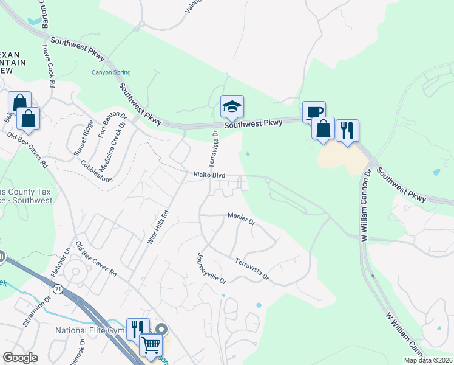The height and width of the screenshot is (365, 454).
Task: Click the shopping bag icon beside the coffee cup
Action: point(324,129)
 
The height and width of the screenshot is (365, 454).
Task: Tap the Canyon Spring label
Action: point(110,72)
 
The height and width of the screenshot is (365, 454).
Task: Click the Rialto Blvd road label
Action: point(209,175)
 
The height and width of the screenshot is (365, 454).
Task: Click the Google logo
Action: point(20,358)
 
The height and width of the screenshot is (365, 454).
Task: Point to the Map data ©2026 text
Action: point(429,360)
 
